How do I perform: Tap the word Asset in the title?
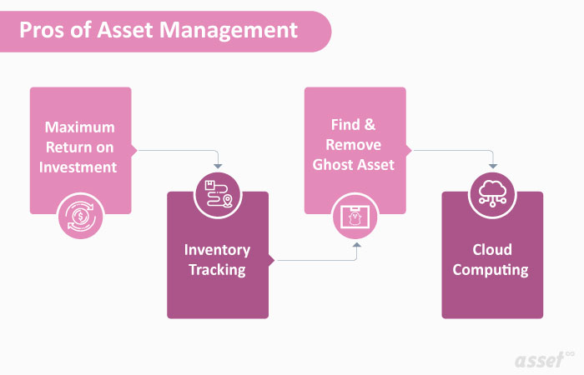tap(118, 30)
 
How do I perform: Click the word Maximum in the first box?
tap(80, 127)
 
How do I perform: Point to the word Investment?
tap(80, 167)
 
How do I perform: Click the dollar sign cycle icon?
tap(80, 215)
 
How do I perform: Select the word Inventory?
tap(217, 249)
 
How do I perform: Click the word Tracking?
tap(217, 269)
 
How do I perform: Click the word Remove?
tap(355, 144)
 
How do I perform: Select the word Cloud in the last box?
tap(492, 249)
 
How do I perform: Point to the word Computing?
tap(492, 269)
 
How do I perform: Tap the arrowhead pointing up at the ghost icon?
tap(356, 246)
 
